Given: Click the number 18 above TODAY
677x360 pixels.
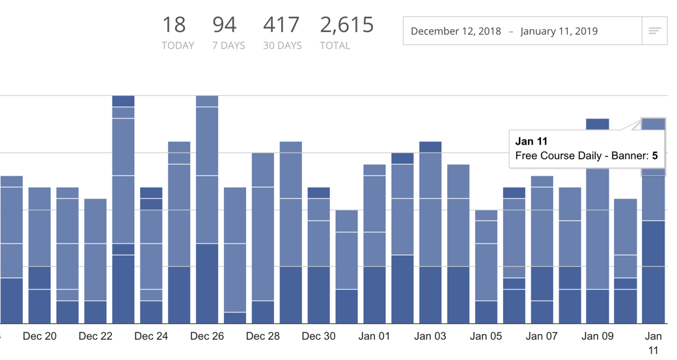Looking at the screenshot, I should [174, 25].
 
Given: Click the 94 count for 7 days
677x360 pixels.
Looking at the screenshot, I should [225, 25].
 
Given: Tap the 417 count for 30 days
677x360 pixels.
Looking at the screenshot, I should [282, 25].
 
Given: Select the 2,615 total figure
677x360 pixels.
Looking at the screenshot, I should [347, 25].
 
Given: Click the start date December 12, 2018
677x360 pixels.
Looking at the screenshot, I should [456, 31].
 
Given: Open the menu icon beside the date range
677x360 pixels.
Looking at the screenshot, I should [654, 31].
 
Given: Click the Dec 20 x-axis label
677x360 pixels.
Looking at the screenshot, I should [40, 336].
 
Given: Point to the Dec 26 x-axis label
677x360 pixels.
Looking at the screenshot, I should [207, 336].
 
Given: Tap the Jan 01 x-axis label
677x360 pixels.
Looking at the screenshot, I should [374, 336].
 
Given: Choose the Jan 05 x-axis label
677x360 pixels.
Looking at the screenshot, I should [486, 336].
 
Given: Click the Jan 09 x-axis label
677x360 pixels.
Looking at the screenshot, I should [598, 336].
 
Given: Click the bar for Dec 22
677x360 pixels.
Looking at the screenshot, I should [95, 260].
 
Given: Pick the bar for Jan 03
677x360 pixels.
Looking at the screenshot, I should [430, 234].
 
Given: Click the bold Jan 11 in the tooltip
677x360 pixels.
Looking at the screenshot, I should [531, 141].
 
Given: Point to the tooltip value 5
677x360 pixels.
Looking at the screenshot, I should [656, 156].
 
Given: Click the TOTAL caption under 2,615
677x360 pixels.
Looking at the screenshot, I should [335, 46].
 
